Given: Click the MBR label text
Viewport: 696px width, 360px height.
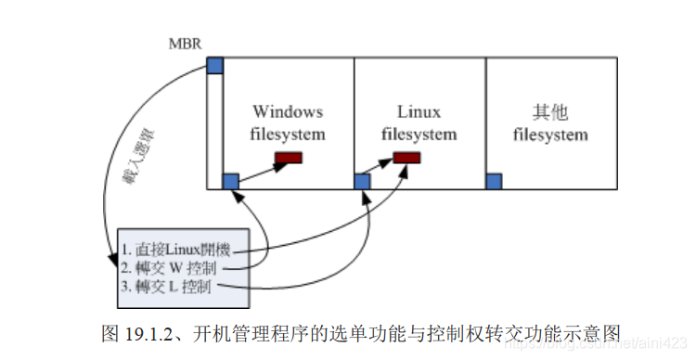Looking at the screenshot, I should point(185,45).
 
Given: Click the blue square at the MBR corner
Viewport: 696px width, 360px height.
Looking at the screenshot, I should point(214,65).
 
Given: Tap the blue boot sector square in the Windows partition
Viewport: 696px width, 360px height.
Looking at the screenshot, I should point(231,181).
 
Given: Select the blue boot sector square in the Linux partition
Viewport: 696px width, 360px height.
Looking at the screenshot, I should point(363,181).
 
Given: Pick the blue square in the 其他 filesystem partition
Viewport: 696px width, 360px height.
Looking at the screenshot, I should point(494,181).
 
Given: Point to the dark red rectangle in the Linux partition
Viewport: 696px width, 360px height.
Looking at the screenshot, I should point(406,159).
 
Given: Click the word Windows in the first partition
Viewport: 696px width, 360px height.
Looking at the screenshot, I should point(288,111).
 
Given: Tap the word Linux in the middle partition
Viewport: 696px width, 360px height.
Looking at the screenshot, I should point(419,111).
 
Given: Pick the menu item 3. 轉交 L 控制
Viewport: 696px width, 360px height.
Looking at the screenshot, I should point(167,288).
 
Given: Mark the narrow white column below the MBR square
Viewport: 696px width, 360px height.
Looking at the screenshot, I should point(214,130).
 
